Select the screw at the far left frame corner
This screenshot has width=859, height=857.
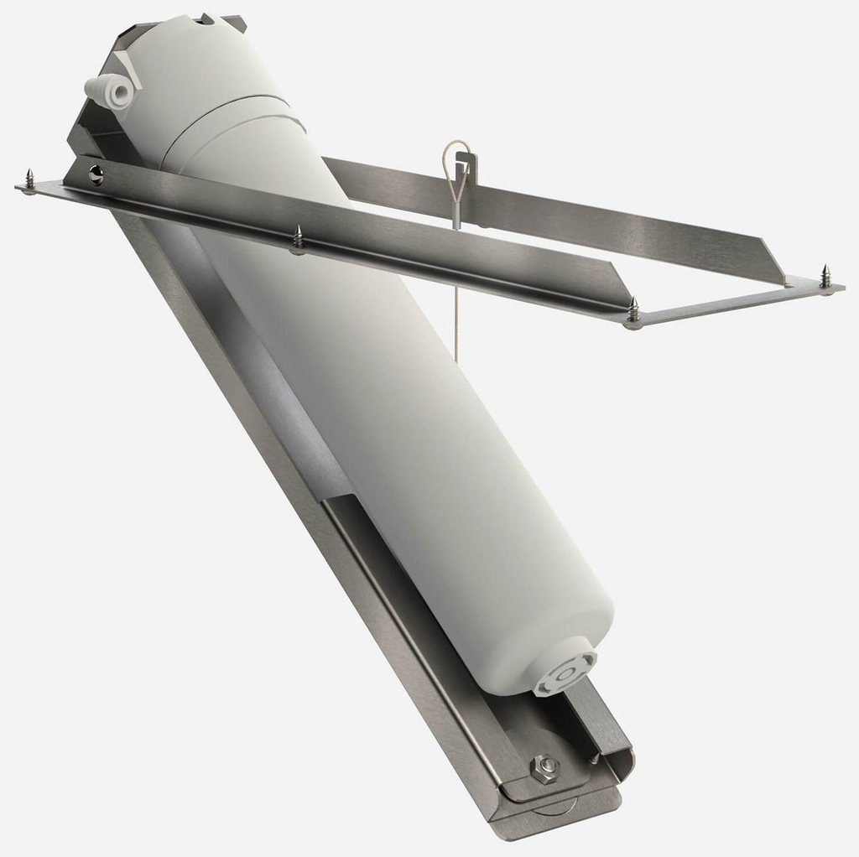[29, 179]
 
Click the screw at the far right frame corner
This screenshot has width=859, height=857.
[825, 278]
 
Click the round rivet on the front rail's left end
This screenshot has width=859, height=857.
[96, 173]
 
